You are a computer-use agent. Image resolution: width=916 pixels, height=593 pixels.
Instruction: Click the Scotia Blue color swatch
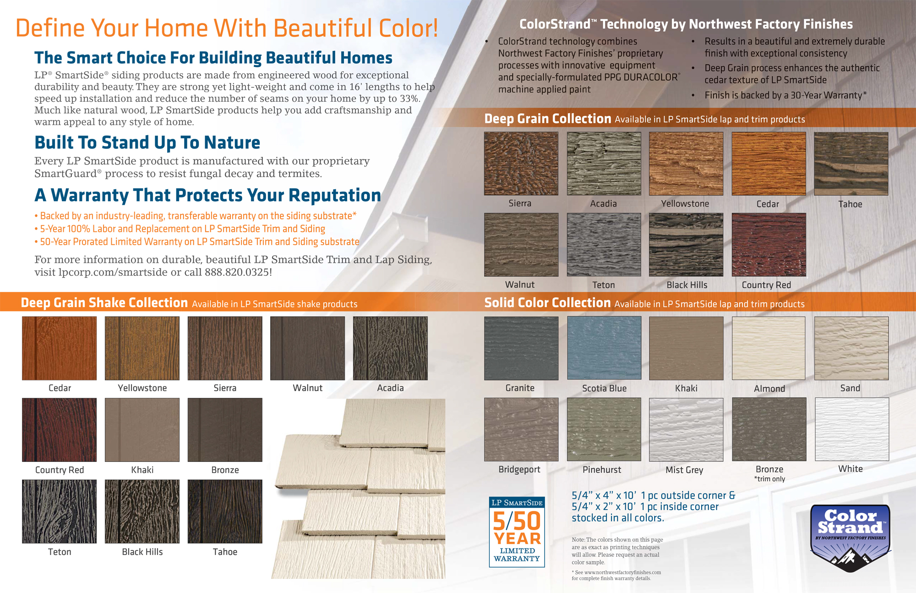(604, 348)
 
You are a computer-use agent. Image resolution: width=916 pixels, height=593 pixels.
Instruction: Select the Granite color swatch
(521, 348)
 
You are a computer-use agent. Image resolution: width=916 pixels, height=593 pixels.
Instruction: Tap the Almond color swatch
(769, 348)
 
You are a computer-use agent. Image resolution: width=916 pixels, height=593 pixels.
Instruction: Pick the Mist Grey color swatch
(686, 429)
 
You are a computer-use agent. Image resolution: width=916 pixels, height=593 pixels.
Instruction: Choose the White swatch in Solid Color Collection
(852, 429)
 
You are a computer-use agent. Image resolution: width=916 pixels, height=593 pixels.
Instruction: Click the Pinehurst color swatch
(604, 429)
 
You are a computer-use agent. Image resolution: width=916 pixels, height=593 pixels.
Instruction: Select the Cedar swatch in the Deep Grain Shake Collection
(60, 348)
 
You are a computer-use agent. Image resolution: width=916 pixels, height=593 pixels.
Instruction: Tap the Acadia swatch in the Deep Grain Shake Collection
(390, 348)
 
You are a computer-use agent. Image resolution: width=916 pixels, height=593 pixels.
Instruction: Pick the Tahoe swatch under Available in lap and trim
(851, 164)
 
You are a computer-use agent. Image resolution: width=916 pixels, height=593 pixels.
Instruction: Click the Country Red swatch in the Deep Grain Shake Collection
(60, 430)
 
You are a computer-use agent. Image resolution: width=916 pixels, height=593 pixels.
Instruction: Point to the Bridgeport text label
(519, 469)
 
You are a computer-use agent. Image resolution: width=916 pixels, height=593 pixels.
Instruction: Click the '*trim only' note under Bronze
(769, 479)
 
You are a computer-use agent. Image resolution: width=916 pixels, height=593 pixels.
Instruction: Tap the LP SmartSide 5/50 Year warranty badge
(517, 532)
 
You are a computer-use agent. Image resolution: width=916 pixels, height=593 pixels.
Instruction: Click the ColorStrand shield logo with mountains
(850, 538)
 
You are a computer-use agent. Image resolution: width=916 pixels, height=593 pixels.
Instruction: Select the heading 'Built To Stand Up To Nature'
(147, 143)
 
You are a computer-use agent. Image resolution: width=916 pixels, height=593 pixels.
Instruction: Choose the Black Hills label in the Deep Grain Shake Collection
(142, 552)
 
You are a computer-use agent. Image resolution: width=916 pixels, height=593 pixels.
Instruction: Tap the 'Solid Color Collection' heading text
(547, 302)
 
